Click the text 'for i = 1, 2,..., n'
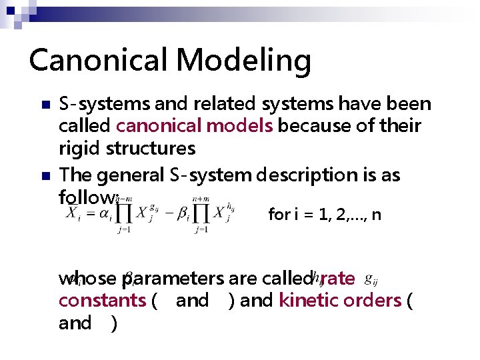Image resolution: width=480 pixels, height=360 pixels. click(x=324, y=215)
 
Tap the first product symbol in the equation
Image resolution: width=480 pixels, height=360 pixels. click(x=122, y=214)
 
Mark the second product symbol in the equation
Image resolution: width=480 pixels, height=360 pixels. click(x=201, y=214)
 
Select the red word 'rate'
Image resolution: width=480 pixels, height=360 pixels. click(x=338, y=278)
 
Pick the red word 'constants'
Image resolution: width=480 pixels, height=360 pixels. click(x=102, y=300)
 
